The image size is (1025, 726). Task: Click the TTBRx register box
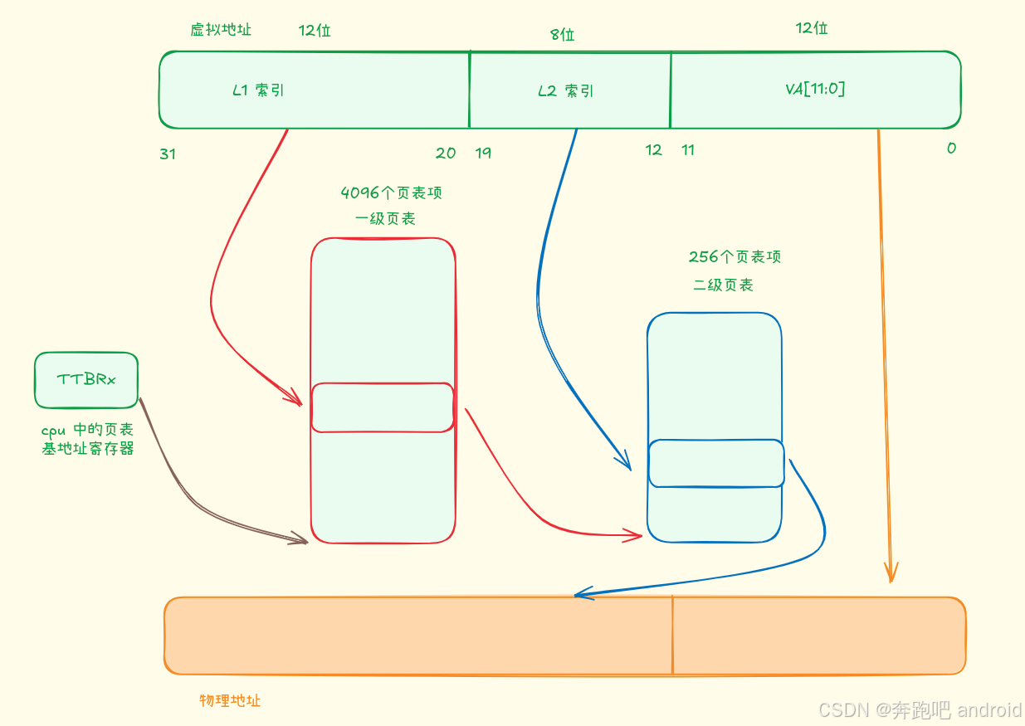pos(86,380)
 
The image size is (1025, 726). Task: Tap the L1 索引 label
pos(258,90)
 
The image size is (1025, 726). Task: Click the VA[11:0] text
pos(815,89)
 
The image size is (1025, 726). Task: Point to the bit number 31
pos(168,154)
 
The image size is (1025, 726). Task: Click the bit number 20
pos(446,153)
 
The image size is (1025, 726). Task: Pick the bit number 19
pos(483,153)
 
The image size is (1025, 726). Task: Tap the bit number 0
pos(951,149)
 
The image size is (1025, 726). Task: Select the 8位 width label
pos(562,35)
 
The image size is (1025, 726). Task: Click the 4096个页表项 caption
pos(391,193)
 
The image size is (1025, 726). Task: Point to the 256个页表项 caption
pos(735,257)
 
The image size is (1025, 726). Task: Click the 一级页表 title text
pos(385,219)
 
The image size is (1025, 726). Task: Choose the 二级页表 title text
pos(723,285)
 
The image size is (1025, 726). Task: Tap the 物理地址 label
pos(230,700)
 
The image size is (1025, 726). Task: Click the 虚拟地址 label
pos(221,30)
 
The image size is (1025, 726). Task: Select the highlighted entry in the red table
pos(383,407)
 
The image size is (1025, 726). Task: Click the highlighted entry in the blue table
pos(715,463)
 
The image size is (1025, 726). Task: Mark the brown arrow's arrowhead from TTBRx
pos(300,539)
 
